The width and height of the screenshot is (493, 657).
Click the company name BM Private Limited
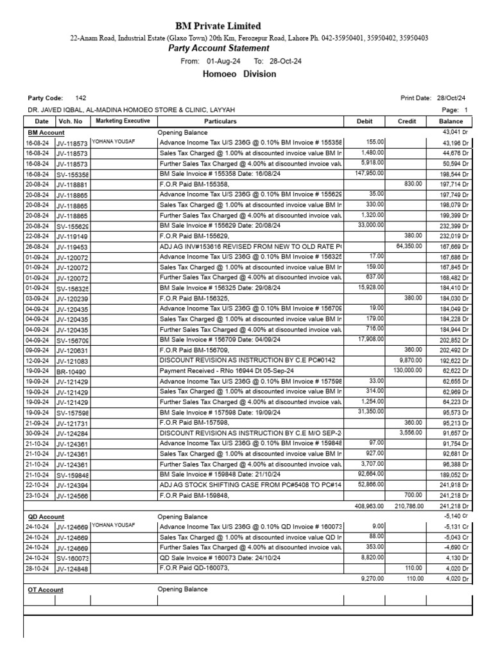(218, 26)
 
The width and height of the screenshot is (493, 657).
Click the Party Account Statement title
(218, 48)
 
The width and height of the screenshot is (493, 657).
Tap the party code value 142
(80, 98)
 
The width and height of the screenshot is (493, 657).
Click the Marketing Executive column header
(123, 121)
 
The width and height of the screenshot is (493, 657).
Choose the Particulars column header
(220, 121)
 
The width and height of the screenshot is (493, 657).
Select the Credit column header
(407, 121)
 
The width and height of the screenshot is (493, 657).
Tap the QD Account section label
(46, 516)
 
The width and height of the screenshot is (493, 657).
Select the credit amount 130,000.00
(406, 371)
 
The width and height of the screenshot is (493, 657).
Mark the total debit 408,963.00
(369, 506)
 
